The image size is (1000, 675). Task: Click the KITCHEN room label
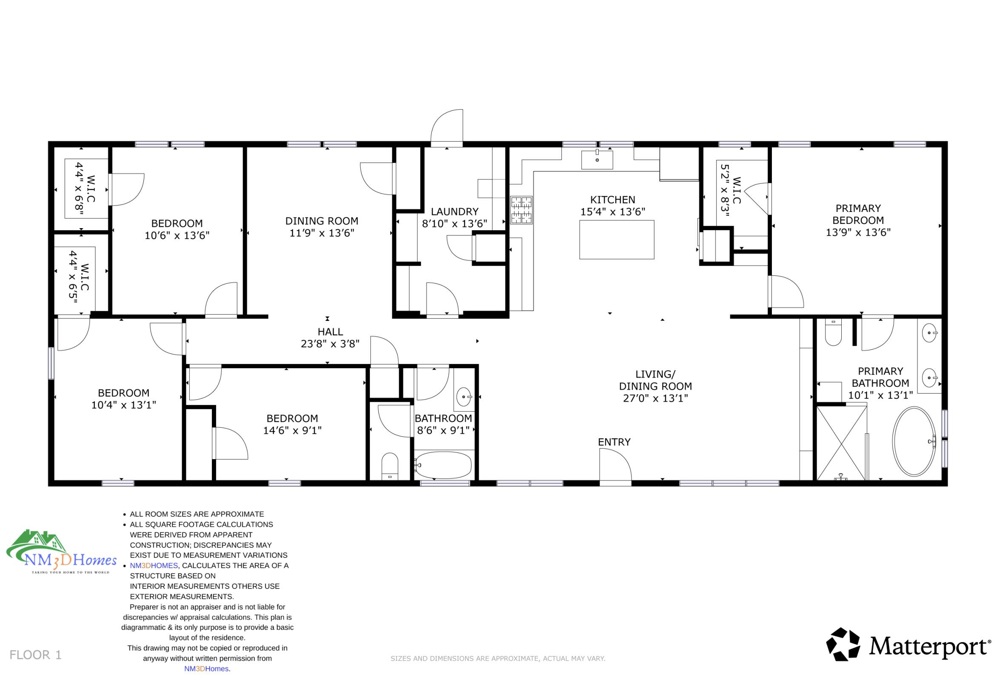(612, 200)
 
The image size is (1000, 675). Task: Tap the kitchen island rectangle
(617, 240)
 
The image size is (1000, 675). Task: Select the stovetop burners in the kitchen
(522, 210)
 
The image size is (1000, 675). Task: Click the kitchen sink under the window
(597, 160)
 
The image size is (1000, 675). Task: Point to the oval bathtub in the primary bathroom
(914, 442)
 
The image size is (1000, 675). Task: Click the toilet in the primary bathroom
(834, 332)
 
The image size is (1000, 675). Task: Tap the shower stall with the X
(842, 443)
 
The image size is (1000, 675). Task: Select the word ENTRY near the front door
(614, 442)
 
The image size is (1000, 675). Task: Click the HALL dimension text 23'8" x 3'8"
(330, 343)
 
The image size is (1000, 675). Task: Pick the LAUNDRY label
(454, 212)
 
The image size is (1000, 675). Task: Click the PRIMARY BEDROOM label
(858, 215)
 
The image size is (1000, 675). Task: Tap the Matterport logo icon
(843, 644)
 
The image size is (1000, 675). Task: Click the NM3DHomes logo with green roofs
(62, 552)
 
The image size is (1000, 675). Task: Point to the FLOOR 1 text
(36, 655)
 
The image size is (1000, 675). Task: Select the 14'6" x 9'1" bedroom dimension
(292, 430)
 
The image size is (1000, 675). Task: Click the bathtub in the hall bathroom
(444, 465)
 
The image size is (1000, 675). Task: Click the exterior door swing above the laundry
(447, 127)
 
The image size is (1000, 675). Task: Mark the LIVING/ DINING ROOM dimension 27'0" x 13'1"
(655, 399)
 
